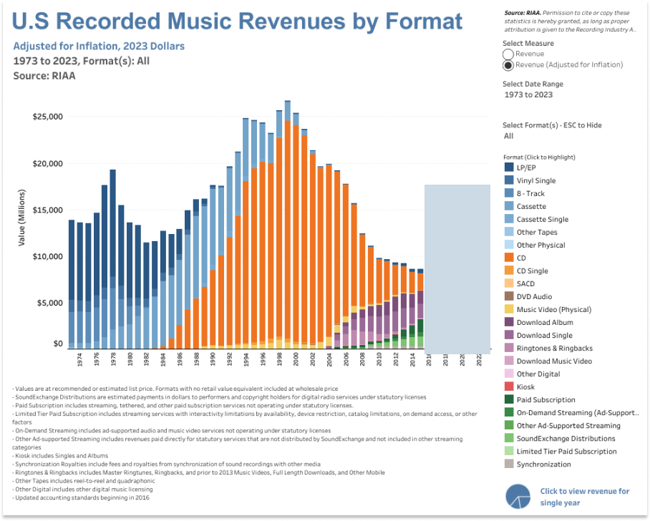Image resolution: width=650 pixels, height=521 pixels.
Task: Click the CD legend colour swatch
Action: click(x=509, y=258)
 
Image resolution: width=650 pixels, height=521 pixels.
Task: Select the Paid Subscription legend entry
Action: click(x=545, y=399)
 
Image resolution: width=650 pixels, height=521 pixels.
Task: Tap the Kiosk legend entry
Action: click(x=526, y=386)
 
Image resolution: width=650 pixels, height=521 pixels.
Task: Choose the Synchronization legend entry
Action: click(x=543, y=464)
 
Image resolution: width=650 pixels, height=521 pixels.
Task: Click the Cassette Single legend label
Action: click(x=542, y=219)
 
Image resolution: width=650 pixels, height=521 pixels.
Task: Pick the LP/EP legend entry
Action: click(x=526, y=167)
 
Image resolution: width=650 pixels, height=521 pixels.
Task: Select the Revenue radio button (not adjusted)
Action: click(x=508, y=54)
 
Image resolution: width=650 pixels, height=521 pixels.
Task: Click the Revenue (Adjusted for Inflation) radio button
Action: click(x=508, y=65)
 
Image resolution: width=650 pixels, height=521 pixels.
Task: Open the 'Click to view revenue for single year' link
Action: click(x=585, y=497)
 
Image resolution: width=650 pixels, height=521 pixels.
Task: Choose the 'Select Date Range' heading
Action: click(x=533, y=84)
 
